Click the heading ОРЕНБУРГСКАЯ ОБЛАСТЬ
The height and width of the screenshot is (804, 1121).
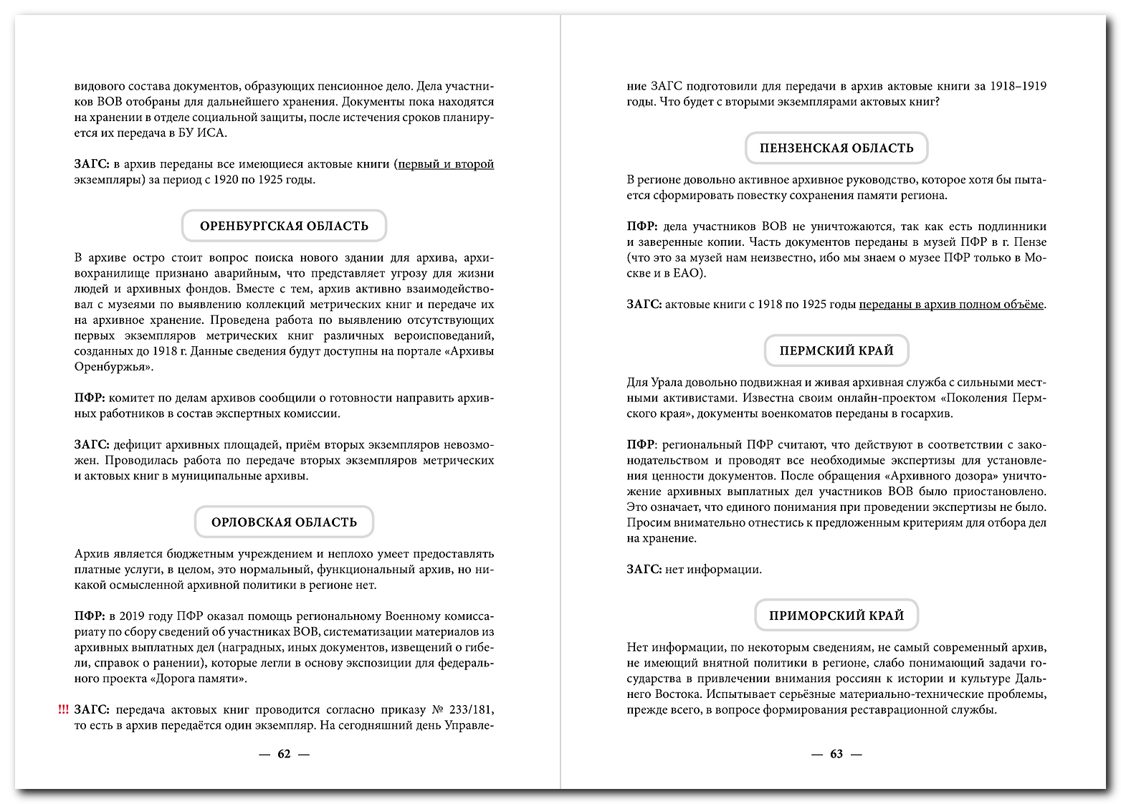click(284, 226)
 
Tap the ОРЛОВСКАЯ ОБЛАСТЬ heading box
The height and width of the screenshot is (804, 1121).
click(284, 522)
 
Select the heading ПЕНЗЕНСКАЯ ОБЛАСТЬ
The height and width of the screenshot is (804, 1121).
click(836, 148)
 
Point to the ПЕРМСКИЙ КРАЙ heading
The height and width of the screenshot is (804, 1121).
click(836, 351)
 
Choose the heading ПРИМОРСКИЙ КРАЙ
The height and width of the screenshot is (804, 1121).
click(836, 616)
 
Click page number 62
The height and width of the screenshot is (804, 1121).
click(284, 754)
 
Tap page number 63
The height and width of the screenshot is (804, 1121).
click(836, 754)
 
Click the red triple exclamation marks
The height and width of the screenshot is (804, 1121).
click(64, 710)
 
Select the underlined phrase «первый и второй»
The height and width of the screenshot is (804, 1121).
click(446, 164)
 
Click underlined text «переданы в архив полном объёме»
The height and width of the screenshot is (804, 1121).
click(951, 305)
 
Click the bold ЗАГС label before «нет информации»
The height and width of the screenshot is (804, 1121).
click(644, 570)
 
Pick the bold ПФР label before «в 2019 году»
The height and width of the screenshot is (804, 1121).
click(90, 616)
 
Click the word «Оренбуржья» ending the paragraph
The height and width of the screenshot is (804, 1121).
click(113, 367)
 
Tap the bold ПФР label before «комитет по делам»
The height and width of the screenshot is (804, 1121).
click(90, 398)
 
